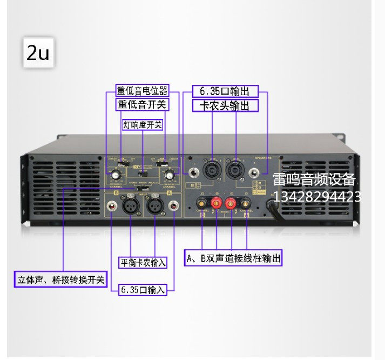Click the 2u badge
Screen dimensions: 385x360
(x=38, y=52)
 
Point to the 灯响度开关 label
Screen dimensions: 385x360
(x=143, y=125)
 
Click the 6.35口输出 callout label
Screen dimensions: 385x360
(x=226, y=90)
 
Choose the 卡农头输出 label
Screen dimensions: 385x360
(x=226, y=105)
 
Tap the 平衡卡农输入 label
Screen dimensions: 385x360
(x=143, y=263)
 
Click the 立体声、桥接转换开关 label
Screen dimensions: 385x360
(x=60, y=280)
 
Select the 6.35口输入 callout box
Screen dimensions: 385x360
(x=143, y=290)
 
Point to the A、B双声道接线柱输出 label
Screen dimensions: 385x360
(x=233, y=258)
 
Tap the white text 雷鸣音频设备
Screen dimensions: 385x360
(x=314, y=179)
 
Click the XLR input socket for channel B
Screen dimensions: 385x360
(x=131, y=206)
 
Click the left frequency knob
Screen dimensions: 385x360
(x=115, y=174)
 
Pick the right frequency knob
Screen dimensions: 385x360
(x=170, y=174)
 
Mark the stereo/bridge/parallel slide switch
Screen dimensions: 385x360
(x=143, y=174)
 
